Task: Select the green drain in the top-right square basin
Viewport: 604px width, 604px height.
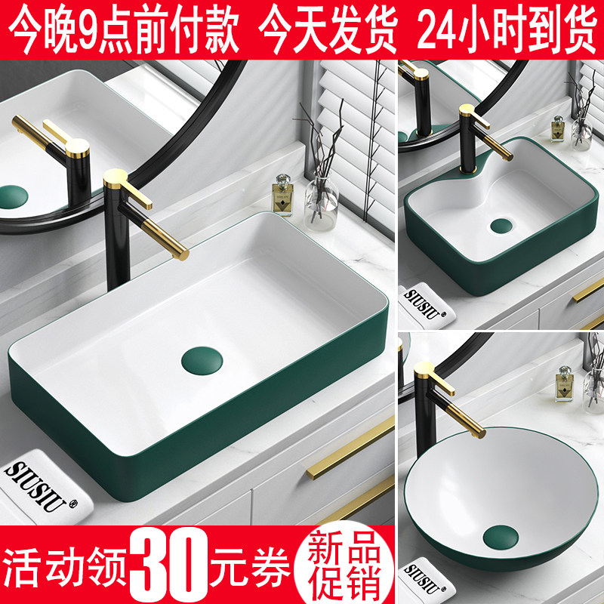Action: click(501, 224)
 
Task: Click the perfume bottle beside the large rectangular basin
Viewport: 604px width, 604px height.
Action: click(282, 194)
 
